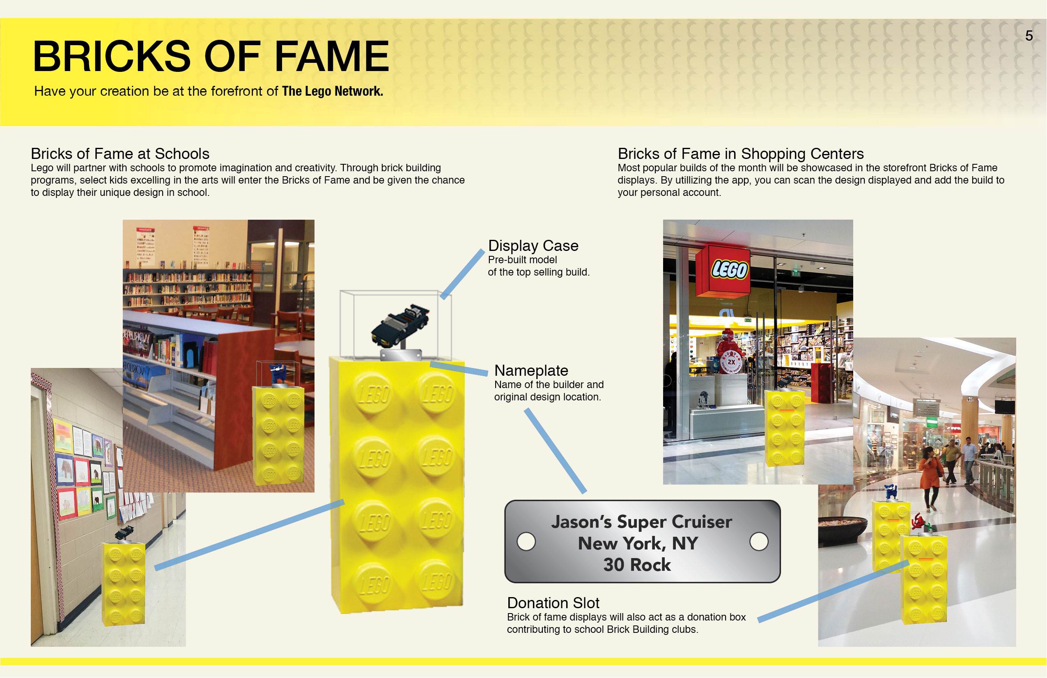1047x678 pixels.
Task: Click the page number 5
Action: coord(1029,36)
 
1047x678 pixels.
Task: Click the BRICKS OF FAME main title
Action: coord(211,56)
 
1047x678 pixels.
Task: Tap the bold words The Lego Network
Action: coord(333,91)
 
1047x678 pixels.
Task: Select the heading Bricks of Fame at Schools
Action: coord(120,154)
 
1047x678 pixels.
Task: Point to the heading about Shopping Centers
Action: coord(741,154)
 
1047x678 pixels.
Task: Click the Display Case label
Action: coord(533,246)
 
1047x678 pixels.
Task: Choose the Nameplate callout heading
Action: coord(531,370)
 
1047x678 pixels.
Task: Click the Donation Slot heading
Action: coord(553,603)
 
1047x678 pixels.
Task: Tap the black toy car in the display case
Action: coord(400,325)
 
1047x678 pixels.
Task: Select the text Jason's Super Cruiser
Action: coord(641,522)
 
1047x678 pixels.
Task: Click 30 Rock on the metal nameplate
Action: coord(637,565)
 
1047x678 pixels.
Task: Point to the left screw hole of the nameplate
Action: coord(526,542)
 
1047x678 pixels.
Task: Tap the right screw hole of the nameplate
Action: coord(759,542)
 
